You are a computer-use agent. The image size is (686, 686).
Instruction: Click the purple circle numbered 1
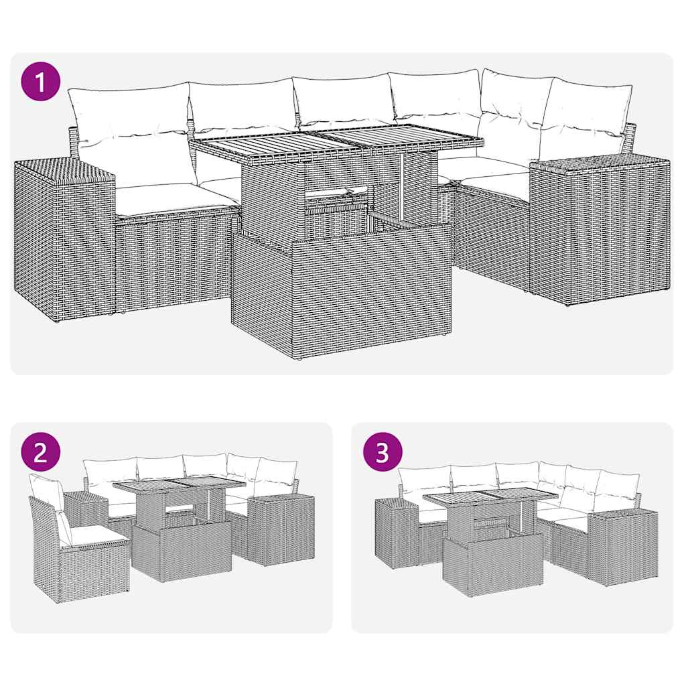pyautogui.click(x=42, y=83)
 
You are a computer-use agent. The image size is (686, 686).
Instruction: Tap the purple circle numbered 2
pyautogui.click(x=42, y=453)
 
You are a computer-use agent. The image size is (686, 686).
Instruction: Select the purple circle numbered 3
pyautogui.click(x=383, y=453)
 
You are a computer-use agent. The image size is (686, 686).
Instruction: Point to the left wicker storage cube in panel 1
pyautogui.click(x=64, y=238)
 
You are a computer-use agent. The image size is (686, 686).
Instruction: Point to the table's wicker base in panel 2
pyautogui.click(x=182, y=549)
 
